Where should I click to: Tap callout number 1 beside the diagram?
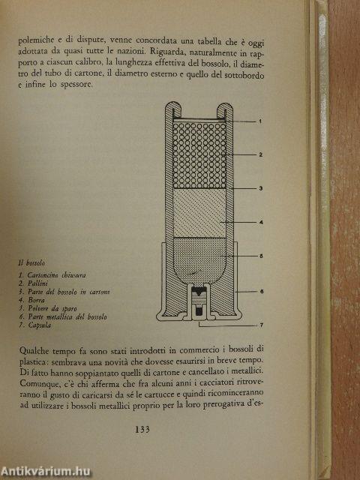click(x=259, y=121)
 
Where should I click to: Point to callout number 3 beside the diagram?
click(x=259, y=189)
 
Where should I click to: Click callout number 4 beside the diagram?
click(x=259, y=223)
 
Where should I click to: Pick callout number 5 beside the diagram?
click(x=259, y=256)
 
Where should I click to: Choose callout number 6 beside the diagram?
click(x=259, y=291)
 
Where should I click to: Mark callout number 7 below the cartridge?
click(x=259, y=325)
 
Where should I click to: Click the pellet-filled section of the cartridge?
click(x=199, y=154)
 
